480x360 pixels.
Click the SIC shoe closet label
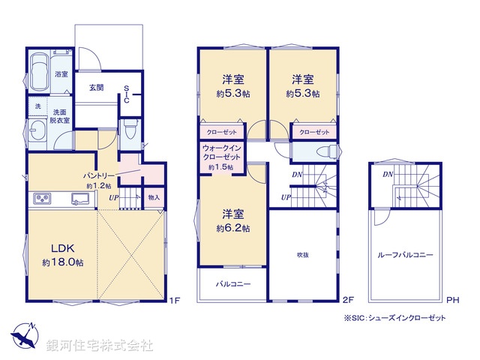pos(127,93)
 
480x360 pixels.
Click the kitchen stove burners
pos(41,199)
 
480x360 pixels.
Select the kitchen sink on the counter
pos(79,199)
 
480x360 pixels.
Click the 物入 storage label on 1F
pos(154,197)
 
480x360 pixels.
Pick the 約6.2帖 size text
pos(233,227)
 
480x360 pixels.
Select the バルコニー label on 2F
pos(233,285)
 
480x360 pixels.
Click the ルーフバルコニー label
pos(406,256)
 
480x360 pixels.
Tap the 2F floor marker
pos(348,301)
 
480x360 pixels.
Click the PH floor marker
pos(452,301)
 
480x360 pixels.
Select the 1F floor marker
pos(175,301)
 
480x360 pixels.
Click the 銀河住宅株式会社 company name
pos(100,346)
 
